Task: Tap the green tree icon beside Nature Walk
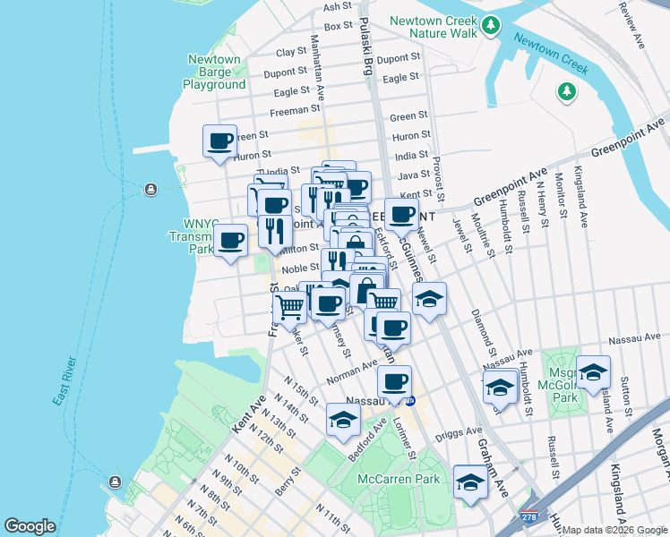490,28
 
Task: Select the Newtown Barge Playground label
214,72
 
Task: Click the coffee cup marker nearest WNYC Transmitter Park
231,240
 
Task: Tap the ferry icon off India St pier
150,190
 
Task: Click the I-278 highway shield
531,516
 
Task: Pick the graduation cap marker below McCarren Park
469,482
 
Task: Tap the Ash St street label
338,6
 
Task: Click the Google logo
30,526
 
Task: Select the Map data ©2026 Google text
614,530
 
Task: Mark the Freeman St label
289,112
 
